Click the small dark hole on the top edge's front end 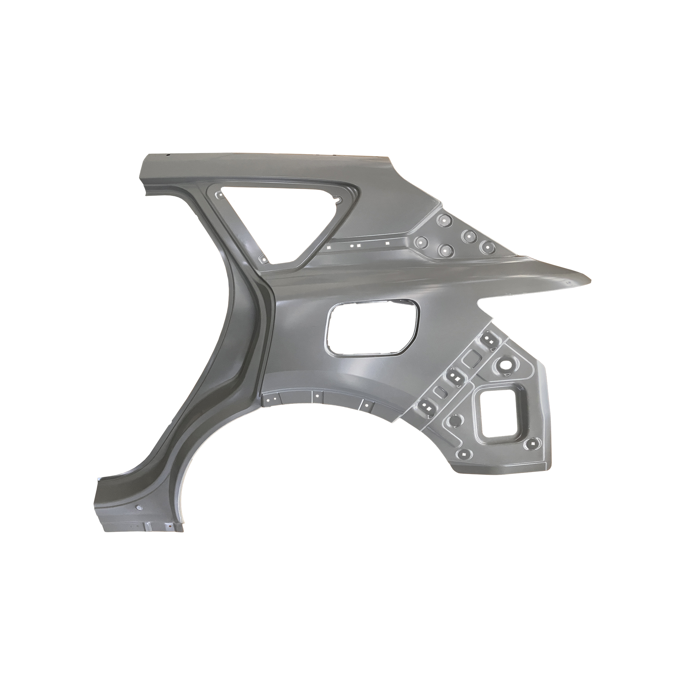click(169, 155)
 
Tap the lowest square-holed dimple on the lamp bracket click(464, 454)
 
